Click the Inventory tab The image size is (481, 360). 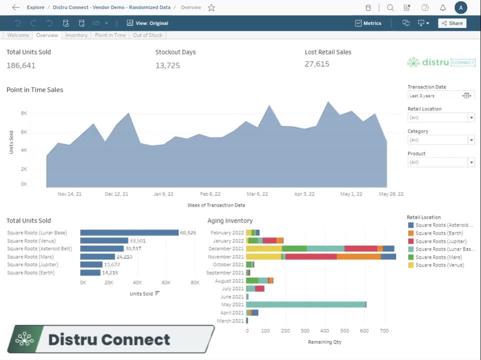[76, 35]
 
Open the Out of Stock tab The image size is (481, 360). [147, 35]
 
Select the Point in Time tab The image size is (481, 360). [110, 35]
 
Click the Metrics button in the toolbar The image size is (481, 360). [368, 23]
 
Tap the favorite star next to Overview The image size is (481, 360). [211, 7]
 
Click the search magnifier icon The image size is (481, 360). [390, 7]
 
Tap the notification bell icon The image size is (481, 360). [442, 7]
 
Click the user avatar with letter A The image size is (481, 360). [460, 7]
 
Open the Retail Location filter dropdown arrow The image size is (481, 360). [471, 117]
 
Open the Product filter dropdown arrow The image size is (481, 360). [471, 162]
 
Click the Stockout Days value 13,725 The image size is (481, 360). [167, 65]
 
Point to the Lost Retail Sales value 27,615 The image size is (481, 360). [317, 64]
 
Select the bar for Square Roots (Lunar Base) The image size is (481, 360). [129, 232]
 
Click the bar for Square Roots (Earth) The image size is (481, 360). [90, 272]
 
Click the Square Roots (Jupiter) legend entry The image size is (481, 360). [440, 241]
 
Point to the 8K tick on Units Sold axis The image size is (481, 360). [24, 113]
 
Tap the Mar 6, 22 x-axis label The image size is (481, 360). [257, 194]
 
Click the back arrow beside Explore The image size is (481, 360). [16, 7]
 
